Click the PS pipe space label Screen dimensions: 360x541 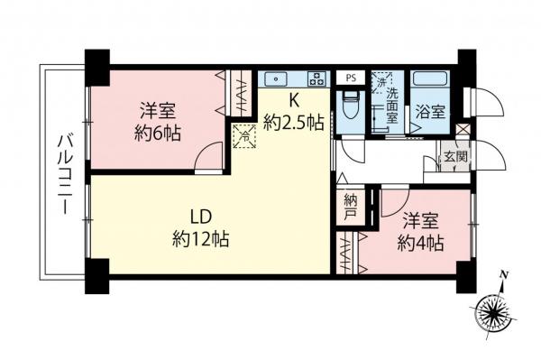[351, 78]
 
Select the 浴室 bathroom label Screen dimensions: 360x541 [429, 112]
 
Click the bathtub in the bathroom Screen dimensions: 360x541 [429, 80]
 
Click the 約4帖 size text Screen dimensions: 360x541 [421, 242]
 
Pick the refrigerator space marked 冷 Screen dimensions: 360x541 [243, 138]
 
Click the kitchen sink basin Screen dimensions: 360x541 [277, 78]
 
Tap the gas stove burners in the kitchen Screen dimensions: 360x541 [316, 78]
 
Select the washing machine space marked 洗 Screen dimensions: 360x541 [383, 79]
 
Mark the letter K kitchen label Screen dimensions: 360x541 [294, 102]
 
